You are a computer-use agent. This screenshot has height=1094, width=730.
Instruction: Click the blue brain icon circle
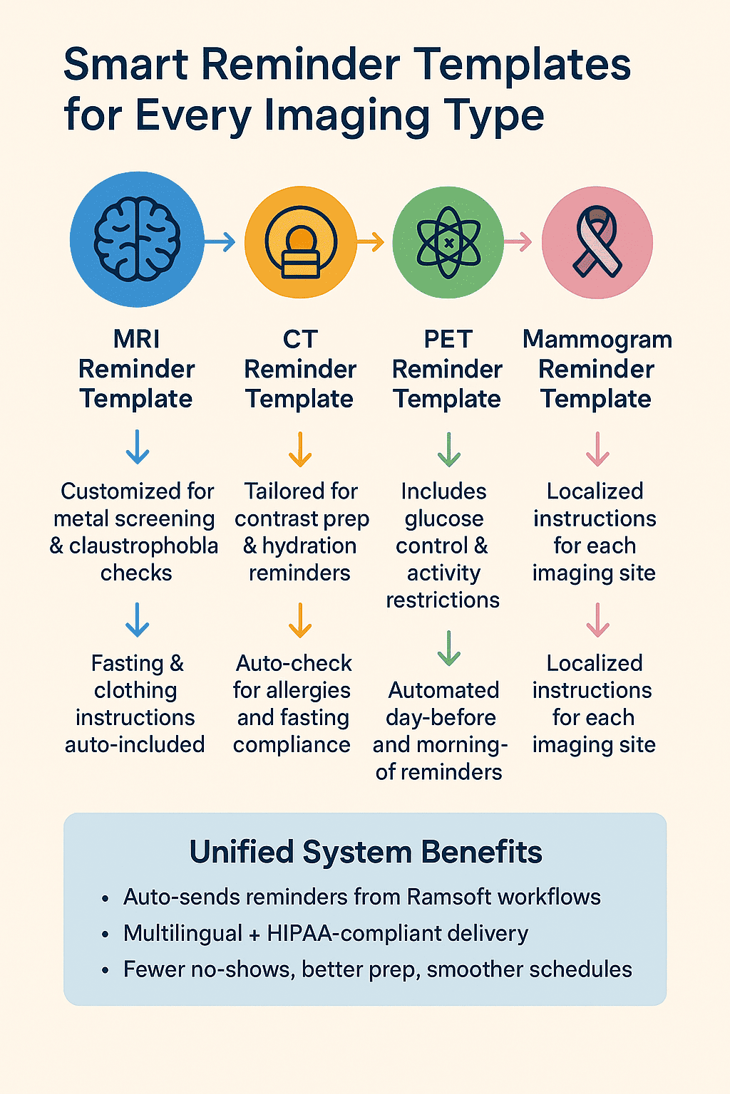[137, 240]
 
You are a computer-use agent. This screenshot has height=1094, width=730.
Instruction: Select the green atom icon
[448, 243]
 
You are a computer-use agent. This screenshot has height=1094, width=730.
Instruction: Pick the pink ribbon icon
[597, 243]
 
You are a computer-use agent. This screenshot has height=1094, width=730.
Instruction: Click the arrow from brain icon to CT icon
[220, 243]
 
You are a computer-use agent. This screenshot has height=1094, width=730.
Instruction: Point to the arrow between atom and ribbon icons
[518, 243]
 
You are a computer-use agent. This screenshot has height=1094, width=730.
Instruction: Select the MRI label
[136, 339]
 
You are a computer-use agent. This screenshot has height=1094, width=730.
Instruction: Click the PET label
[448, 339]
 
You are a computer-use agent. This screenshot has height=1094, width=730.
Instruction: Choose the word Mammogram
[597, 339]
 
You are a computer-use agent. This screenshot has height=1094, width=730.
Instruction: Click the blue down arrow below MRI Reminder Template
[137, 448]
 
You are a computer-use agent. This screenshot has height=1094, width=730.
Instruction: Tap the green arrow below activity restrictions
[448, 648]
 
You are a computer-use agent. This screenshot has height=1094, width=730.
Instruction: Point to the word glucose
[443, 519]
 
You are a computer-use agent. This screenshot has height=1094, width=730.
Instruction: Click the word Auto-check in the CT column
[294, 663]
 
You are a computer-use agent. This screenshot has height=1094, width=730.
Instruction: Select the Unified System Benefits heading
[366, 852]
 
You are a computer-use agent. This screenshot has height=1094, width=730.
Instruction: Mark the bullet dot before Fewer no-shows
[106, 971]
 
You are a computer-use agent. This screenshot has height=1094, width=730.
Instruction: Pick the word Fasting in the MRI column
[127, 663]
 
